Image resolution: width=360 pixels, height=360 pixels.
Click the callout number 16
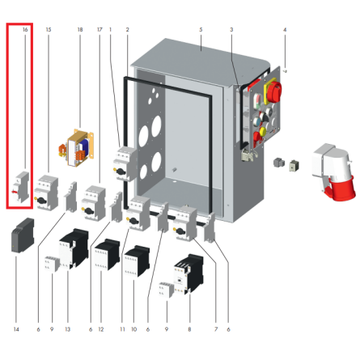tap(26, 29)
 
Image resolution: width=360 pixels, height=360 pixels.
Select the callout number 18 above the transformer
tap(79, 29)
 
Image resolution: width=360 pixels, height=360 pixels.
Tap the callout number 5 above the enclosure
tap(200, 29)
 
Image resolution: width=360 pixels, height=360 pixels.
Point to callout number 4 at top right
tap(285, 29)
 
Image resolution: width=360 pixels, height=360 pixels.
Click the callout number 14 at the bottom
tap(15, 329)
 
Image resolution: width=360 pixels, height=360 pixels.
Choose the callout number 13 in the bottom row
tap(68, 329)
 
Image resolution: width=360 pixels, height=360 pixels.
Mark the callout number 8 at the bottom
tap(189, 329)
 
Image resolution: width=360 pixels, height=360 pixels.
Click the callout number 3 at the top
tap(231, 29)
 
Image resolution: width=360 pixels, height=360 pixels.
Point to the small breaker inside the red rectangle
tap(22, 187)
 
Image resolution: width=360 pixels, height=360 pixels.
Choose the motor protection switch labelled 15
tap(49, 192)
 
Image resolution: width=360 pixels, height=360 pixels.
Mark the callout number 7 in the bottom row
tap(216, 329)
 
